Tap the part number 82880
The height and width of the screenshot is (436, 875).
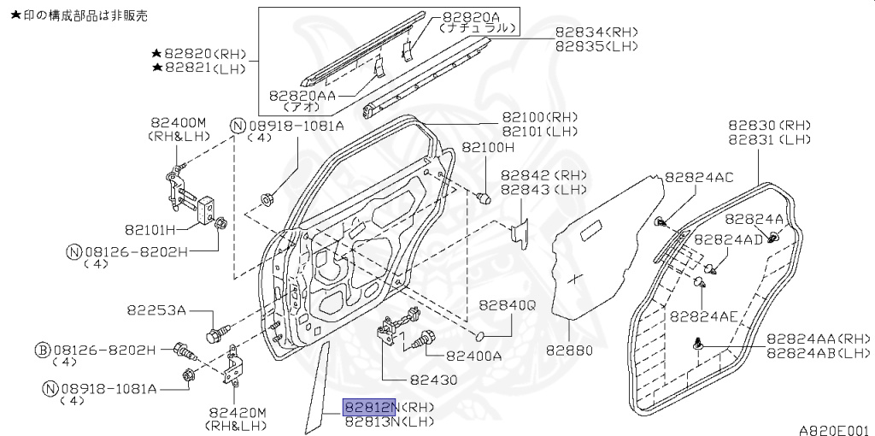coord(568,351)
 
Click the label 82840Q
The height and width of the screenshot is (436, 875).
coord(507,305)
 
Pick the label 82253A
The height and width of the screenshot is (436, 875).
coord(157,309)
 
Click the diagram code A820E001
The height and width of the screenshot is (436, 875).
coord(834,430)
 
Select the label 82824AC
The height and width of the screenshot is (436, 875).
coord(698,178)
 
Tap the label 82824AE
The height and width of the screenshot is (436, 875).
coord(702,315)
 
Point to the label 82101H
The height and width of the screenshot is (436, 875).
coord(150,229)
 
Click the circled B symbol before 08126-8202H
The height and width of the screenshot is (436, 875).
coord(42,350)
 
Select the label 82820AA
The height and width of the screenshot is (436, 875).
coord(301,96)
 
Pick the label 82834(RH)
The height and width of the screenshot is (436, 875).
coord(596,32)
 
